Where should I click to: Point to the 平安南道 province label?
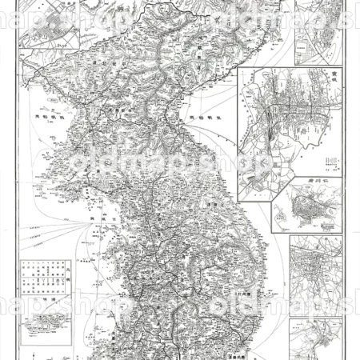pos(120,112)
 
